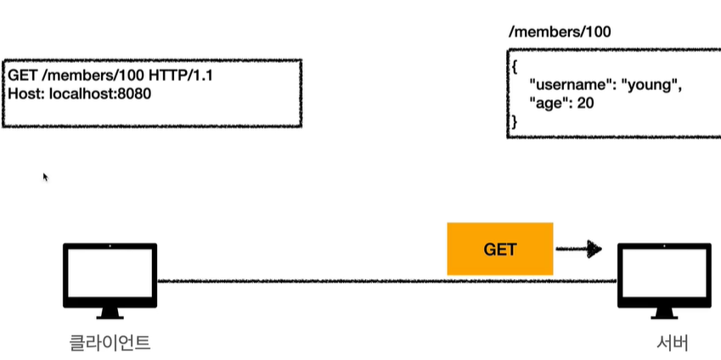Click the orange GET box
pos(500,249)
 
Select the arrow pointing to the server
pos(578,249)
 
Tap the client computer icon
pos(110,277)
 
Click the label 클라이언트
pos(110,343)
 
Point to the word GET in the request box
pos(22,76)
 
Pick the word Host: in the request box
pos(25,93)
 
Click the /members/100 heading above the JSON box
pos(559,33)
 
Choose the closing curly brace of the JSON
pos(513,122)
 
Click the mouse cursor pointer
pos(45,177)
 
